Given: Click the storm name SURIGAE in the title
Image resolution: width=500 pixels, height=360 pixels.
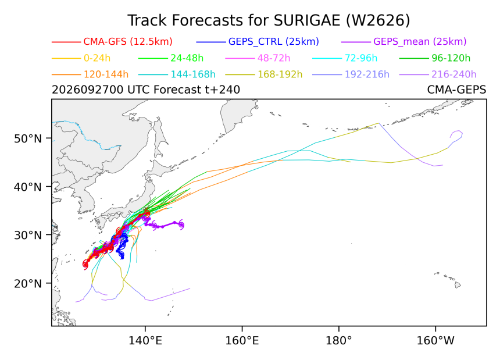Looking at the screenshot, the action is [307, 20].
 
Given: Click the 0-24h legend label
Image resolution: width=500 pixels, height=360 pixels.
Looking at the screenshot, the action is [97, 58].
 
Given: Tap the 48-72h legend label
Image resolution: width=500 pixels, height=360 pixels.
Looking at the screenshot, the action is [274, 58].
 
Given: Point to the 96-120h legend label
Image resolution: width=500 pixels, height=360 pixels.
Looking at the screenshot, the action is [451, 58].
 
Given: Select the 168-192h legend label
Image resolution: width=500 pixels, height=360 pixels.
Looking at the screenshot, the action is [280, 74].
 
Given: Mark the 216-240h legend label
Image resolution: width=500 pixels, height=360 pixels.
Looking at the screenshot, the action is [453, 74].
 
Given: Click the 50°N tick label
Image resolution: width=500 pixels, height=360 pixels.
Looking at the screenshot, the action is [28, 138].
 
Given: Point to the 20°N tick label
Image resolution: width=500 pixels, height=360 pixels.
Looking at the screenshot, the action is [28, 283].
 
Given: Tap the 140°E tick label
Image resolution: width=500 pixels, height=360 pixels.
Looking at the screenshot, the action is [145, 341].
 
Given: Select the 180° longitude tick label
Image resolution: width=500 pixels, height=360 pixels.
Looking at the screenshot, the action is [338, 341].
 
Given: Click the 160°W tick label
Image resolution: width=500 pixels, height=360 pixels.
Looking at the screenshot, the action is [435, 341].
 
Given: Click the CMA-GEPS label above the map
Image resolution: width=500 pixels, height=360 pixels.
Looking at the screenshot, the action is [456, 90].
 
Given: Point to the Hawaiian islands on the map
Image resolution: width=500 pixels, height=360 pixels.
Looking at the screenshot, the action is [448, 279].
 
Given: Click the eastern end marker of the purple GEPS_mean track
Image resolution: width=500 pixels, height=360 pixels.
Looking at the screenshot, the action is [181, 225].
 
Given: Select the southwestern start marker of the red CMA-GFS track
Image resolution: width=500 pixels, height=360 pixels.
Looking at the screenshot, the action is [85, 265].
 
